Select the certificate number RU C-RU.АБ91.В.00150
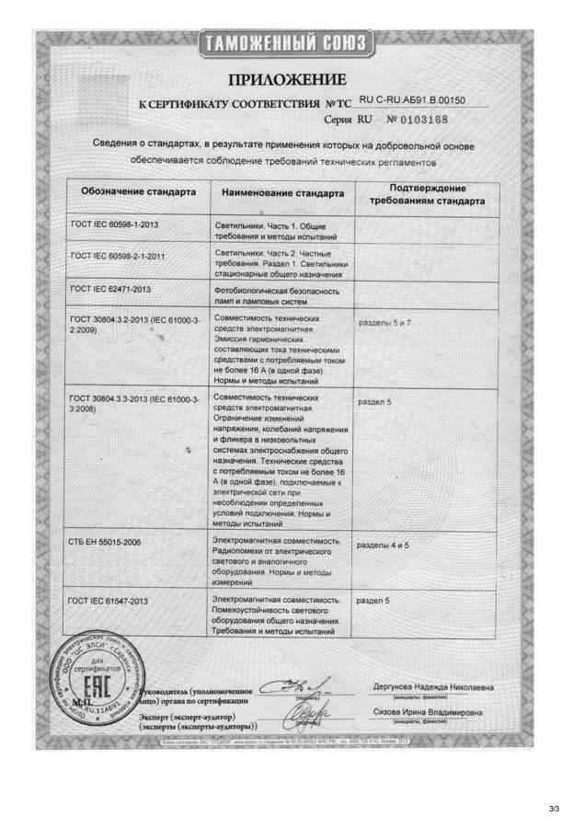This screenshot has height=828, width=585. pos(412,99)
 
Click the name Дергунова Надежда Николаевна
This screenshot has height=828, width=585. pos(433,687)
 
